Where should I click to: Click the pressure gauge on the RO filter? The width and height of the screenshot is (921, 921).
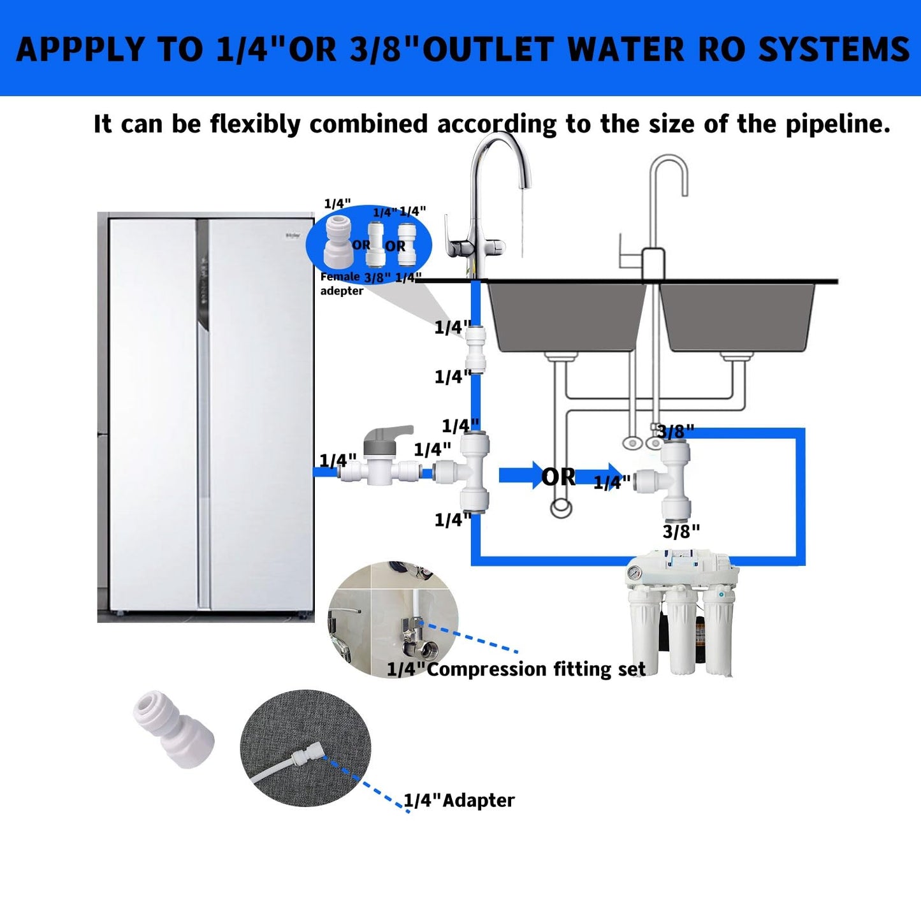(x=634, y=572)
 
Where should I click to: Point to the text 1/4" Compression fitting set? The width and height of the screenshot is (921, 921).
(x=516, y=669)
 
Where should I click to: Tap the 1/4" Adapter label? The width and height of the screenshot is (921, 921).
(x=459, y=801)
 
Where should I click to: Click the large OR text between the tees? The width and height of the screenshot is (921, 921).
(x=558, y=477)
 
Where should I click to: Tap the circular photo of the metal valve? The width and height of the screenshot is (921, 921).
(x=393, y=618)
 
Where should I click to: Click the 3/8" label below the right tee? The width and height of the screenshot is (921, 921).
(x=681, y=532)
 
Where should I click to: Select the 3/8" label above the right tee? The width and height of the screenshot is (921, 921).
(x=676, y=432)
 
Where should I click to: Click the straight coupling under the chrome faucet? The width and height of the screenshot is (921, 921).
(x=475, y=350)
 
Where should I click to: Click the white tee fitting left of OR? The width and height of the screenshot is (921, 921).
(x=465, y=472)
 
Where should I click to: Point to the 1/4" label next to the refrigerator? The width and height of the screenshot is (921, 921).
(x=337, y=460)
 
